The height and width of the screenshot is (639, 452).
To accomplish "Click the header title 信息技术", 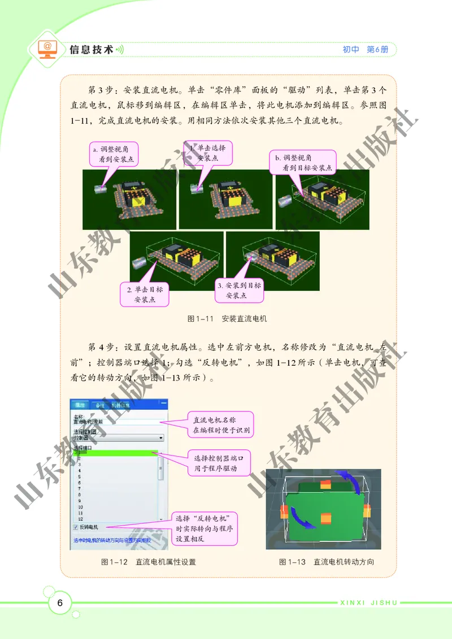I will pos(91,50).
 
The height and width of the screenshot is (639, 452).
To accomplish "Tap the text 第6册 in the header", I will pos(378,50).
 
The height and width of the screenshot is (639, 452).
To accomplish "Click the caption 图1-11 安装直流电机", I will pos(227,319).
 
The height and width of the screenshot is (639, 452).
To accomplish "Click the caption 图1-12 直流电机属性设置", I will pos(148,562).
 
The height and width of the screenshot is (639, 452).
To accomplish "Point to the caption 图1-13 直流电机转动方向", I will pos(326,562).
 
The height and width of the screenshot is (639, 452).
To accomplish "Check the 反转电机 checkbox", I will pos(76,527).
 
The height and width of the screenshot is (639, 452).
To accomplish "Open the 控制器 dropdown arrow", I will pos(161,437).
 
